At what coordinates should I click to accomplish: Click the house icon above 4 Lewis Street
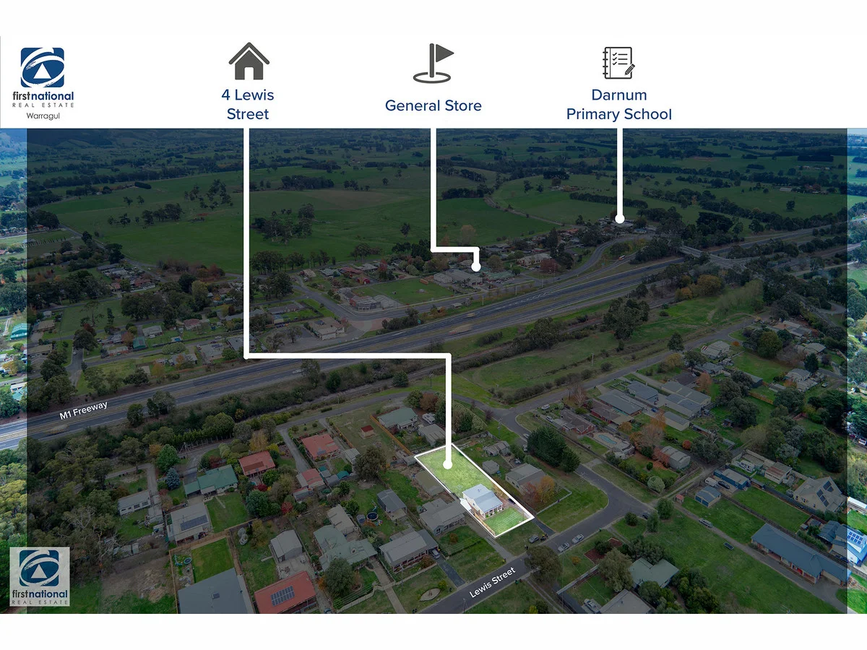pyautogui.click(x=249, y=61)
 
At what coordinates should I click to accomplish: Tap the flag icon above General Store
pyautogui.click(x=433, y=63)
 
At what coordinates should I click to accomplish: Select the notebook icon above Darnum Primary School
pyautogui.click(x=618, y=63)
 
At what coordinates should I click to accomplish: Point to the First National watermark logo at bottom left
pyautogui.click(x=40, y=576)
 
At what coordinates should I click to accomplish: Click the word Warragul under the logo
pyautogui.click(x=43, y=116)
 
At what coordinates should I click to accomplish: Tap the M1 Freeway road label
pyautogui.click(x=83, y=410)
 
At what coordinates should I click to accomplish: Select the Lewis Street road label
pyautogui.click(x=492, y=582)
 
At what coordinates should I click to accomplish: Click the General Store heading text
pyautogui.click(x=433, y=105)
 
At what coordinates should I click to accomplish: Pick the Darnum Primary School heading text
pyautogui.click(x=619, y=105)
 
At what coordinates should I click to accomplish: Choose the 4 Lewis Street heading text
pyautogui.click(x=248, y=105)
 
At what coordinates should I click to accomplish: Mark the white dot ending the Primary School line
pyautogui.click(x=620, y=219)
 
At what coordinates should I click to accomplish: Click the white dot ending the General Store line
pyautogui.click(x=476, y=267)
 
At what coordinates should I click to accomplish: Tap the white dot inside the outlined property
pyautogui.click(x=447, y=464)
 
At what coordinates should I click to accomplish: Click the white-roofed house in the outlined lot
pyautogui.click(x=483, y=500)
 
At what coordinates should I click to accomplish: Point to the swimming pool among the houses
pyautogui.click(x=607, y=439)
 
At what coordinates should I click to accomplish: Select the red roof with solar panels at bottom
pyautogui.click(x=285, y=592)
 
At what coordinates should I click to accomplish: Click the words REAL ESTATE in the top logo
pyautogui.click(x=43, y=105)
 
